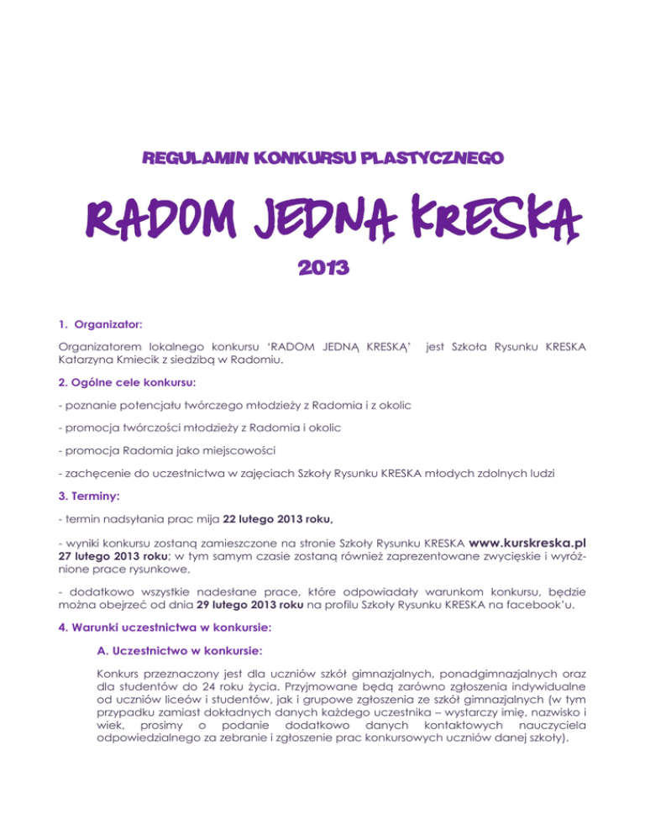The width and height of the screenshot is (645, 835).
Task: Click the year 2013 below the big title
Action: (x=322, y=270)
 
